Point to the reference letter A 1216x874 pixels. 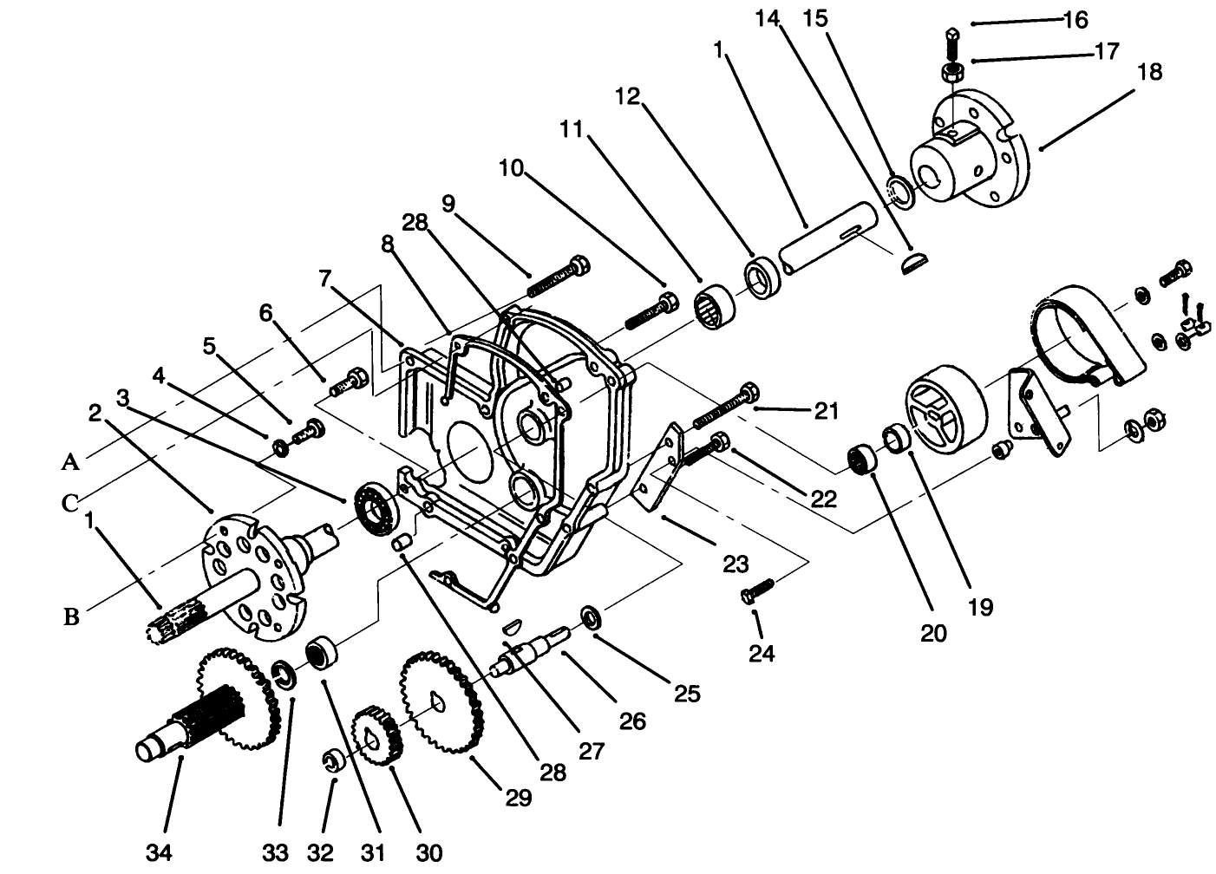coord(70,462)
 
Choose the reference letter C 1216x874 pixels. coord(70,503)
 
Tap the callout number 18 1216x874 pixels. coord(1149,71)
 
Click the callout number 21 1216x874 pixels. coord(825,410)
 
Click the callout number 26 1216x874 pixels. coord(633,720)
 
